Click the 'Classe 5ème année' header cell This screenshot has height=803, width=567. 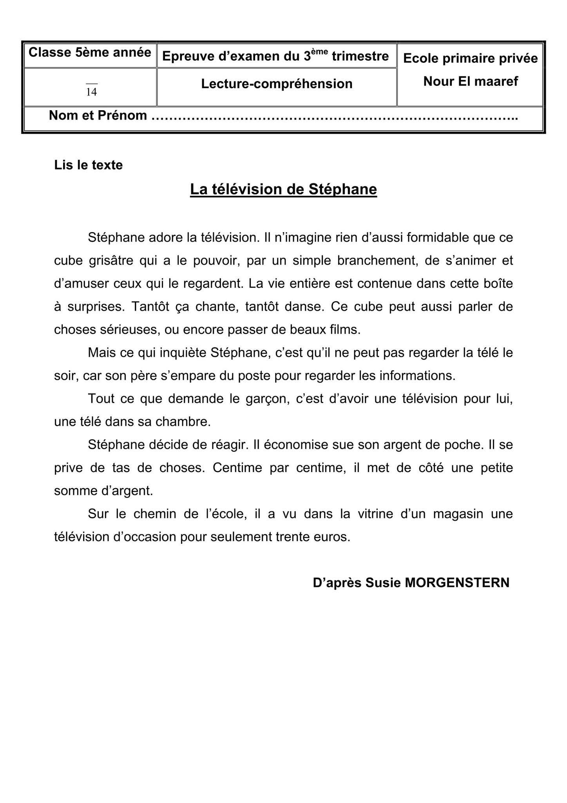(90, 53)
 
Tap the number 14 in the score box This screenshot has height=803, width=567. (91, 92)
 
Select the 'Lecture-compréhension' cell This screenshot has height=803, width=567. (277, 84)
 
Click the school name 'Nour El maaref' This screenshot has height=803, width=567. (470, 81)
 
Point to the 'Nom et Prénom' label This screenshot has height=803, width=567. (98, 116)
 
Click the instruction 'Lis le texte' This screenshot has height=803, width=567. (88, 165)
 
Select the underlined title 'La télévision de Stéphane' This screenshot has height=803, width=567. (283, 189)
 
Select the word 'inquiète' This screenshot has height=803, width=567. (182, 353)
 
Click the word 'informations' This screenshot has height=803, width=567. (417, 376)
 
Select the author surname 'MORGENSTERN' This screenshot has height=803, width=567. (457, 583)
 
